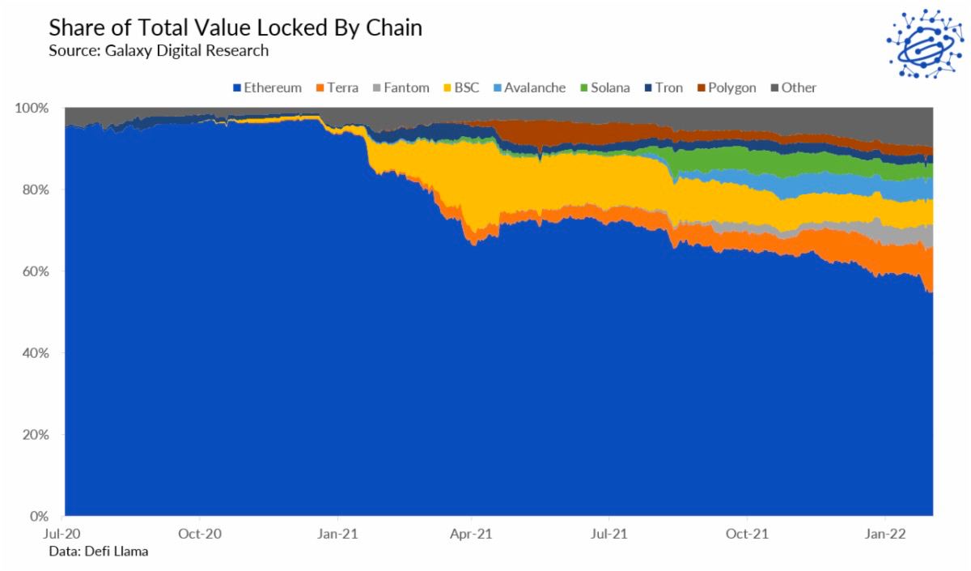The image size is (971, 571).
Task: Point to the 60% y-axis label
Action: tap(36, 271)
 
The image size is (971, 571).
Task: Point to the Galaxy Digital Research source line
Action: tap(159, 50)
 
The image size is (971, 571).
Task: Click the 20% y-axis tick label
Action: tap(36, 435)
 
